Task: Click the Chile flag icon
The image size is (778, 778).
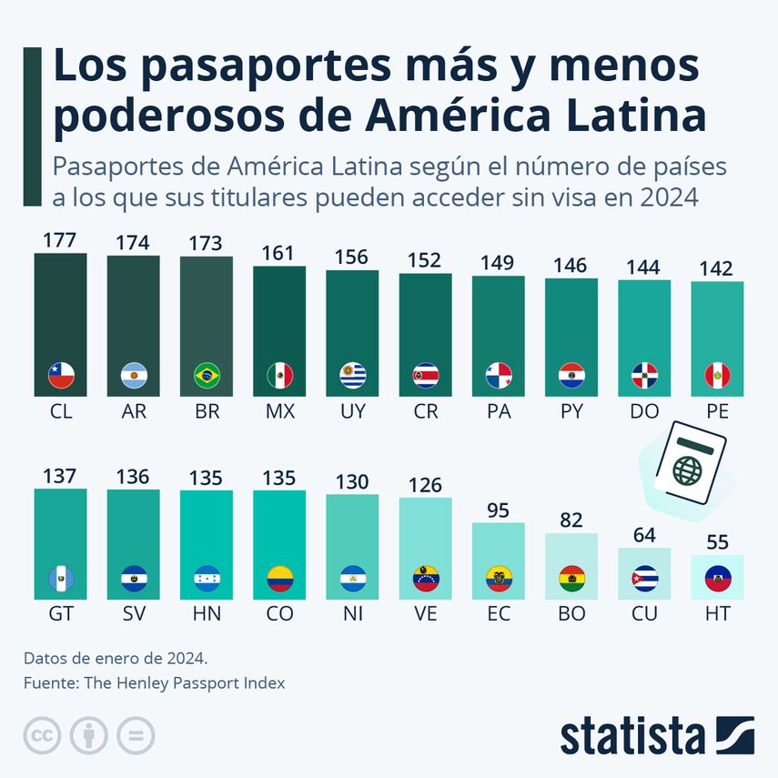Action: (x=61, y=374)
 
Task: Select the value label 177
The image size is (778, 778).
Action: (x=60, y=240)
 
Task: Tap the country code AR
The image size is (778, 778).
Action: (x=134, y=411)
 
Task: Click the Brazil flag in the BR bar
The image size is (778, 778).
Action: (x=207, y=374)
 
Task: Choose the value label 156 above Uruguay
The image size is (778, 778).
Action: (x=352, y=258)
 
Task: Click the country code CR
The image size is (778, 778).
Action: (x=425, y=411)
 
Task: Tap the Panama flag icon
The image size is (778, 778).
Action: (x=499, y=374)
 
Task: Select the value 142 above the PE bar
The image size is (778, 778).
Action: (x=717, y=269)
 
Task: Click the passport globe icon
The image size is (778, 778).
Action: (x=688, y=470)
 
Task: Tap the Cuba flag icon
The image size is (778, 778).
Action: (x=644, y=577)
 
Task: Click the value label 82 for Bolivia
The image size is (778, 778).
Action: (x=571, y=521)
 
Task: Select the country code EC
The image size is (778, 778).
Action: (x=499, y=614)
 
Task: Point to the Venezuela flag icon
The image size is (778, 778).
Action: (x=425, y=577)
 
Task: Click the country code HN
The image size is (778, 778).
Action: (x=207, y=614)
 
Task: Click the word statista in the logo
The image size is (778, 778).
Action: (x=632, y=735)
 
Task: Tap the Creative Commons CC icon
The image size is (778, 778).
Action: (x=41, y=735)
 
